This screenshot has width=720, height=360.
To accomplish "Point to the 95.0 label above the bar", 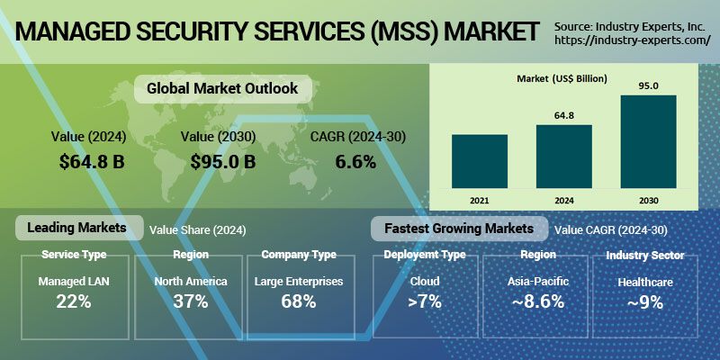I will tap(648, 85).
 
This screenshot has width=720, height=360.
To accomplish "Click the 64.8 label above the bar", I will tap(564, 115).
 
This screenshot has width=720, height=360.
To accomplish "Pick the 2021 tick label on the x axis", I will tap(480, 197).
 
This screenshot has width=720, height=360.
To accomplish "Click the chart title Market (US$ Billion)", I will tap(562, 79).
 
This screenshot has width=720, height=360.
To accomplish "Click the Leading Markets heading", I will tap(76, 228).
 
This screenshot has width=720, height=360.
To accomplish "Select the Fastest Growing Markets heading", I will tap(458, 228).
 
